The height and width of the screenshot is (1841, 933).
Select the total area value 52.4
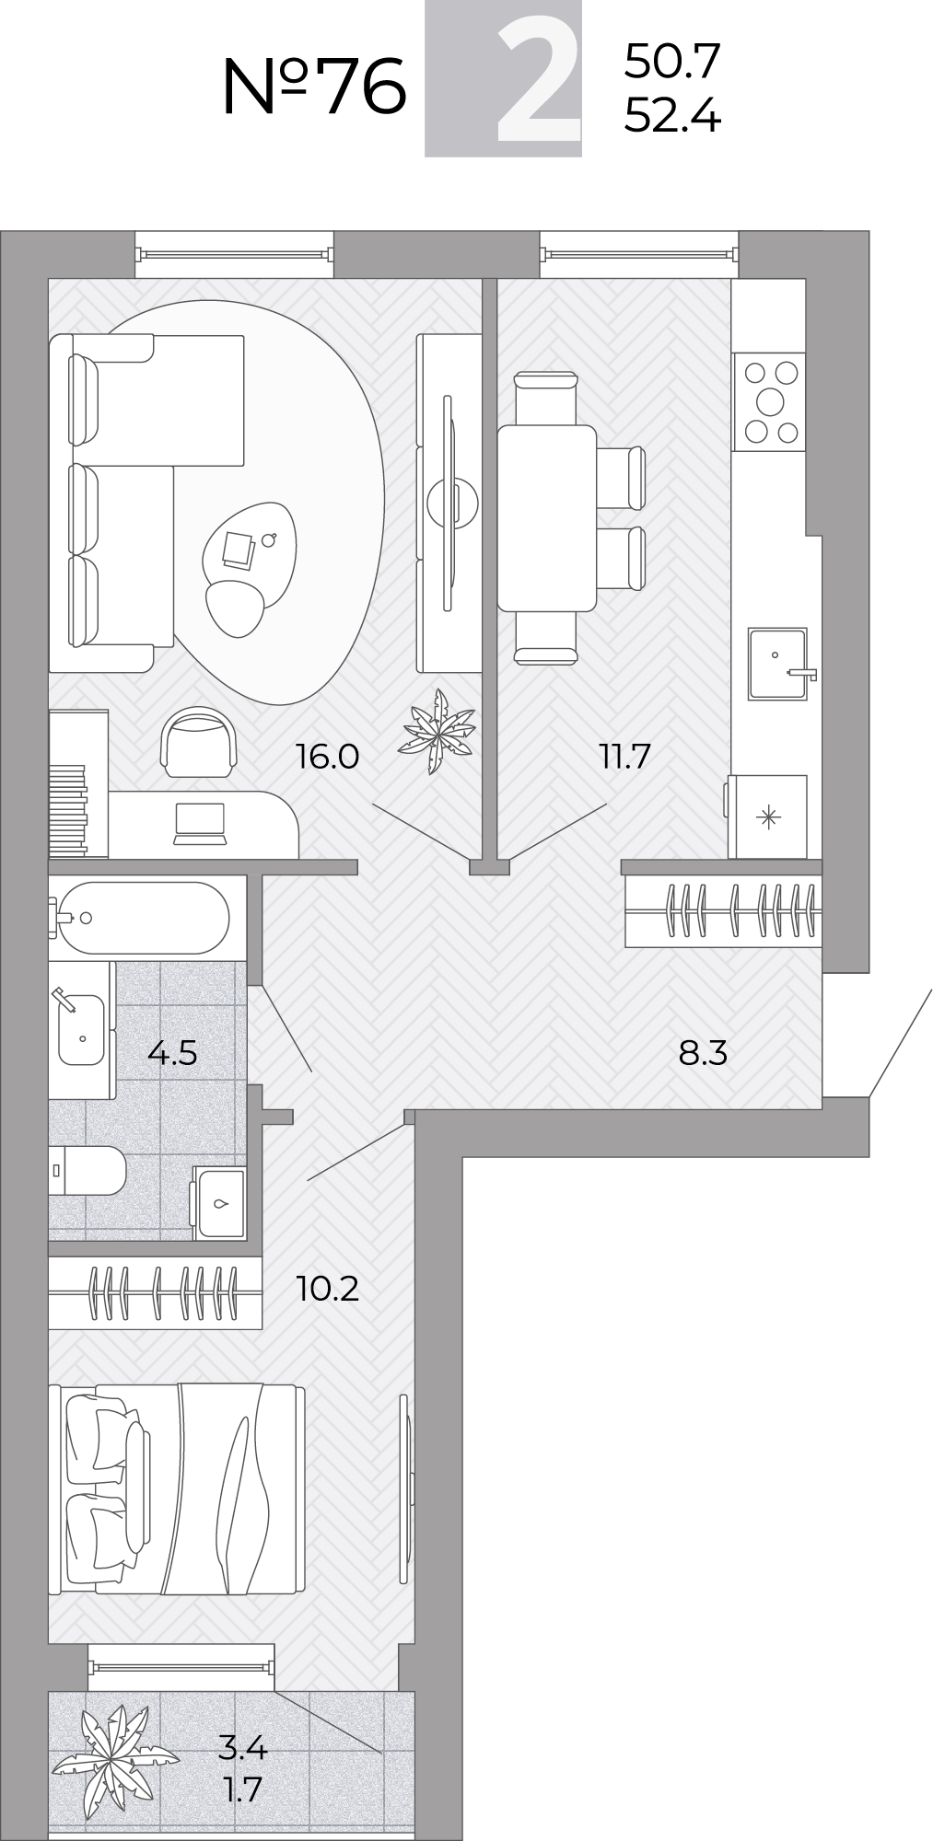672,116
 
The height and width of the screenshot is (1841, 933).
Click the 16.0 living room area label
327,757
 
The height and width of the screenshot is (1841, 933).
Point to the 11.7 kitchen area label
624,757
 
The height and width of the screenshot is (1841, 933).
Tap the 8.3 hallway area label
703,1052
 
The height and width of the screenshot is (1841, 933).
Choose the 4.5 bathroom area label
172,1052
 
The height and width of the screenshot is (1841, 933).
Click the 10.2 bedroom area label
327,1289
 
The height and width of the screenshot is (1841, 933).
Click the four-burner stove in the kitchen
769,402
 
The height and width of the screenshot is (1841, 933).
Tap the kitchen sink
779,664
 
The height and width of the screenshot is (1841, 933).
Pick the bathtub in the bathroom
139,918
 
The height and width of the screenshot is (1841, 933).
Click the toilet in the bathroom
87,1170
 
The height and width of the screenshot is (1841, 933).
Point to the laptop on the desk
200,823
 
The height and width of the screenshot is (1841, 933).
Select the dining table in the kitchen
546,518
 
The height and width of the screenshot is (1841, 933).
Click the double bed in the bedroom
177,1489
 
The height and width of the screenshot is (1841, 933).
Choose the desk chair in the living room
198,742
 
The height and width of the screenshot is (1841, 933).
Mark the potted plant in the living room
437,732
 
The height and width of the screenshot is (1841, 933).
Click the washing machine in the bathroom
219,1203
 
